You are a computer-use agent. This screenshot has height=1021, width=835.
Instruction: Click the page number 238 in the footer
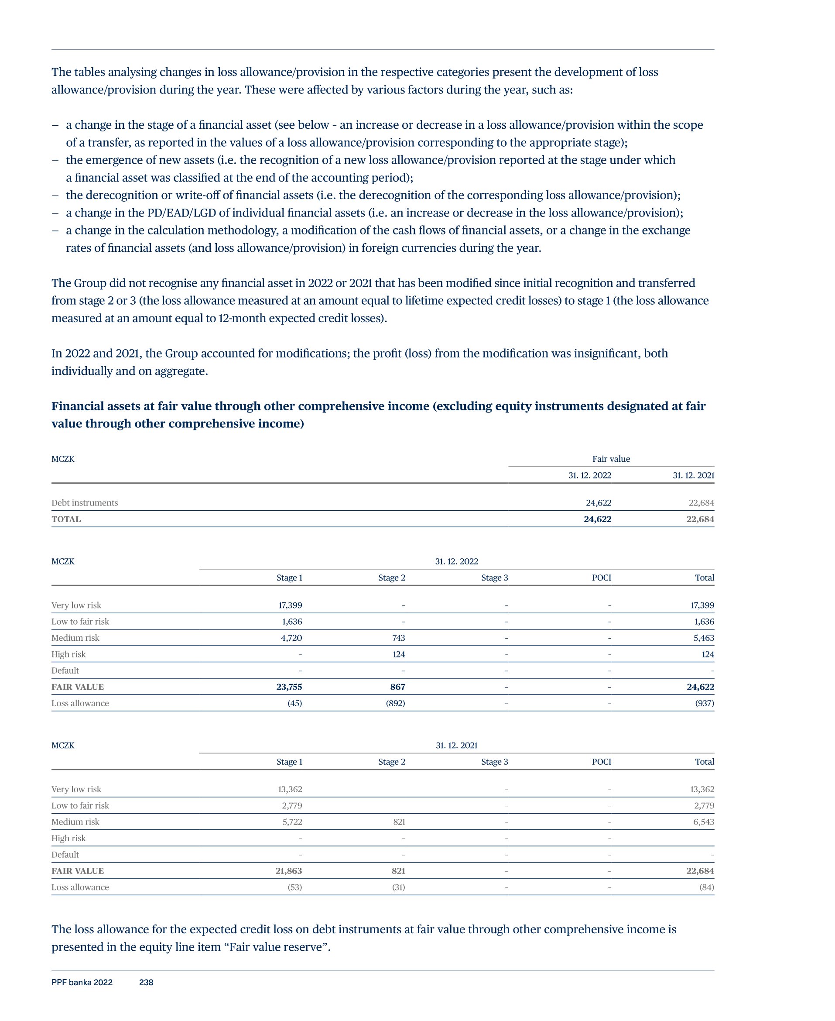pyautogui.click(x=146, y=982)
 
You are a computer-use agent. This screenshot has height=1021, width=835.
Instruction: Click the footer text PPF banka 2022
pyautogui.click(x=82, y=982)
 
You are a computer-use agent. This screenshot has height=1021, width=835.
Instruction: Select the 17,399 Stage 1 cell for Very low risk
pyautogui.click(x=290, y=605)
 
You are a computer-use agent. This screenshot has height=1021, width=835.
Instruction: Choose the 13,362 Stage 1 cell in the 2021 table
pyautogui.click(x=290, y=789)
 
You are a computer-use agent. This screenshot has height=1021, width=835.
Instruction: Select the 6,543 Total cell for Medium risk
pyautogui.click(x=703, y=822)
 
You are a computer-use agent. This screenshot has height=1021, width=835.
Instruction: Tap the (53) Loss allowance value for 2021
pyautogui.click(x=295, y=887)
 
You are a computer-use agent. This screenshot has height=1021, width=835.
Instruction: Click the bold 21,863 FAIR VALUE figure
pyautogui.click(x=289, y=871)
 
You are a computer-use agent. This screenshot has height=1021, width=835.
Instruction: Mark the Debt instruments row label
pyautogui.click(x=85, y=503)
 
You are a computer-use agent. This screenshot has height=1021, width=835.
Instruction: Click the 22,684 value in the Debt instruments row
pyautogui.click(x=701, y=503)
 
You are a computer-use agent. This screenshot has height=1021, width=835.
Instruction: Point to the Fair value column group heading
pyautogui.click(x=611, y=459)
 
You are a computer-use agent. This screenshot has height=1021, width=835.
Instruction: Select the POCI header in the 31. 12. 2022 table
pyautogui.click(x=601, y=578)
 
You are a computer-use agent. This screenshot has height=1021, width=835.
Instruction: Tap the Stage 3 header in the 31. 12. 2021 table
pyautogui.click(x=494, y=762)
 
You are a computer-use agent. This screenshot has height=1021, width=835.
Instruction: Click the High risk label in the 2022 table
pyautogui.click(x=69, y=654)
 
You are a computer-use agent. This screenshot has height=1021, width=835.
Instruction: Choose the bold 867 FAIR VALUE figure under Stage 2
pyautogui.click(x=397, y=687)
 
